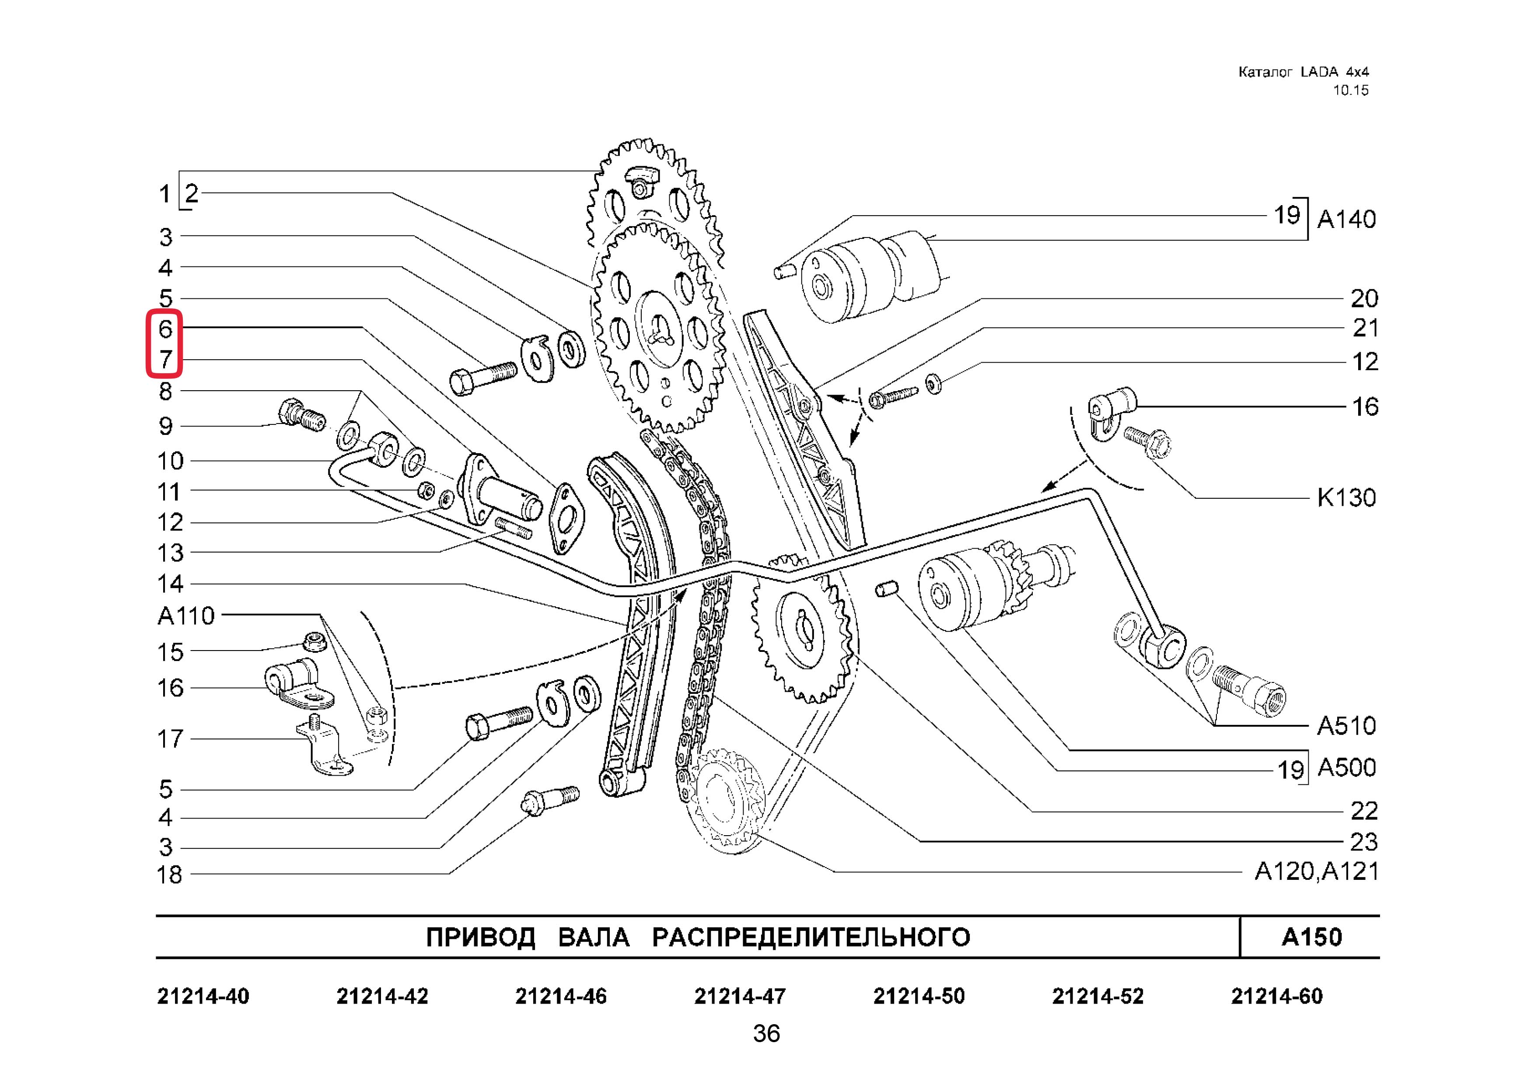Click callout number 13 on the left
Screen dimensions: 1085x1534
(x=170, y=553)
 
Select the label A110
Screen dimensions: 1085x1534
(x=186, y=615)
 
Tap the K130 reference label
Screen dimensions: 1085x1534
(x=1346, y=498)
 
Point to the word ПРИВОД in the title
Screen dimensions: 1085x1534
(x=480, y=938)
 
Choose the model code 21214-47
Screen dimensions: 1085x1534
(x=740, y=996)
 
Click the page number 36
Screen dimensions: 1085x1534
(x=766, y=1033)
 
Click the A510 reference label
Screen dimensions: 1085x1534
(x=1346, y=725)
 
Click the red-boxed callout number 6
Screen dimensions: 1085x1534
(x=165, y=329)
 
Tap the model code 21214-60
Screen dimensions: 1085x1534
(x=1277, y=996)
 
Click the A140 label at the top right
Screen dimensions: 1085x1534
(x=1346, y=219)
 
